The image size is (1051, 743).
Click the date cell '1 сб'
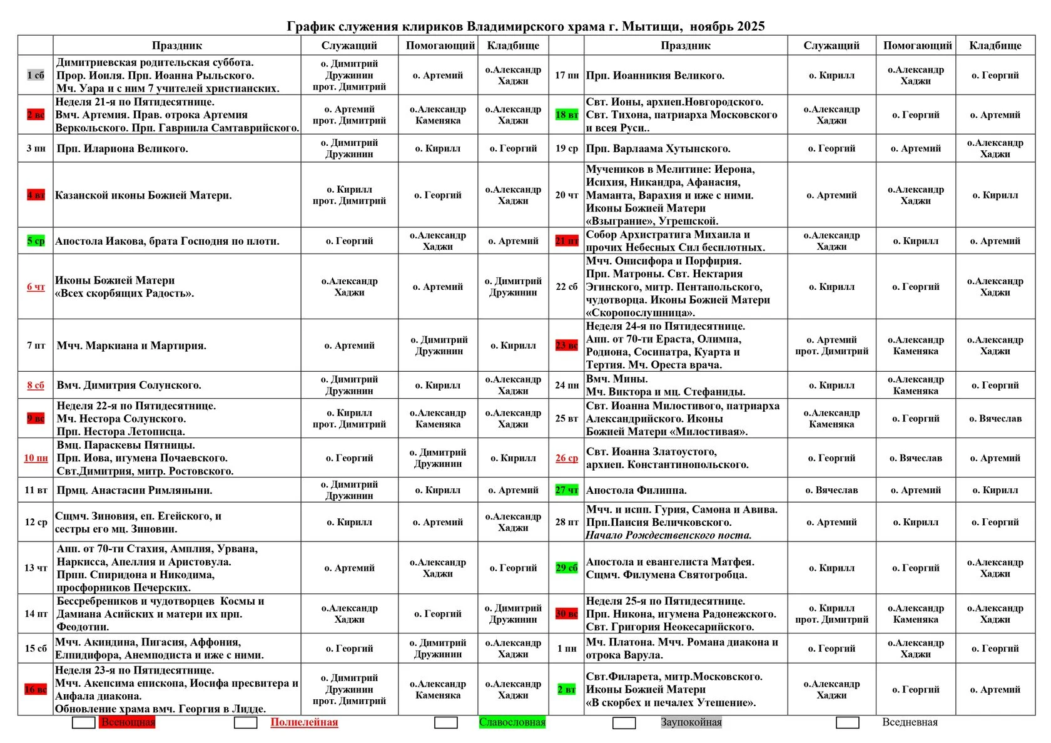click(x=36, y=75)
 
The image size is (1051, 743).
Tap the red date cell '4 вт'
click(x=36, y=195)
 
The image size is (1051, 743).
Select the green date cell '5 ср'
click(x=36, y=241)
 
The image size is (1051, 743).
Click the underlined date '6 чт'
click(x=36, y=287)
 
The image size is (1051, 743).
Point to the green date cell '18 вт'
click(x=567, y=115)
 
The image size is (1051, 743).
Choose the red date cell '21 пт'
click(x=567, y=241)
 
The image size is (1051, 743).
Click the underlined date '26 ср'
click(x=567, y=458)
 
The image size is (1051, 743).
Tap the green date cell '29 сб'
click(x=567, y=568)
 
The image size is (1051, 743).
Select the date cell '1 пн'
click(x=567, y=648)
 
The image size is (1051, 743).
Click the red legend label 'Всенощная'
click(x=128, y=722)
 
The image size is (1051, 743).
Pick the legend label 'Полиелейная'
click(x=304, y=722)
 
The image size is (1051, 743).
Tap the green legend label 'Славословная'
click(x=512, y=722)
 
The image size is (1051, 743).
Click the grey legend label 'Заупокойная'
click(x=691, y=722)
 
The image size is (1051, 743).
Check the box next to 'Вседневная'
click(x=848, y=723)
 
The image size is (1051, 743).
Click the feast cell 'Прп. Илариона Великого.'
click(x=122, y=149)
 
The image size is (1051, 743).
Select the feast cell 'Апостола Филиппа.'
click(x=636, y=490)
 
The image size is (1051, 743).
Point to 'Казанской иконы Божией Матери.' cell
click(x=143, y=195)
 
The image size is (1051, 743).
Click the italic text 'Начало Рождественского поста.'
click(x=669, y=535)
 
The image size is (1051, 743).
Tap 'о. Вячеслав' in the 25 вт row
click(x=995, y=419)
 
